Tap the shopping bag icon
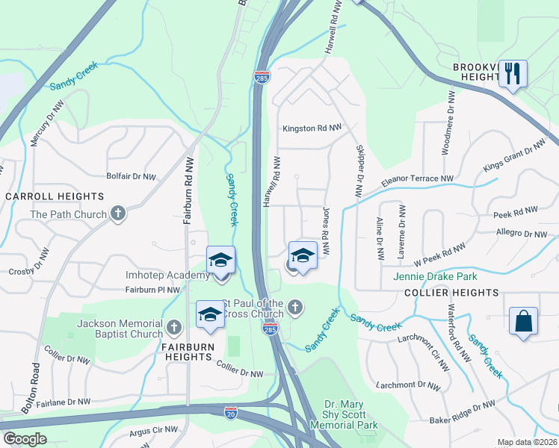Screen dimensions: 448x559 click(x=524, y=322)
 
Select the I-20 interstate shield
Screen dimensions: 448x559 click(x=232, y=411)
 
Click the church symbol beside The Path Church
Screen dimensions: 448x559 click(x=117, y=214)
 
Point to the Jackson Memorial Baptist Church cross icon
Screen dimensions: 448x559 click(x=174, y=326)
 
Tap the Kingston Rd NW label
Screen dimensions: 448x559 click(x=312, y=128)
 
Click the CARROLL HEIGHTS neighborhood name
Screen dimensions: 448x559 click(x=55, y=196)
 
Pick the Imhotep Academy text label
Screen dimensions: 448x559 click(x=167, y=276)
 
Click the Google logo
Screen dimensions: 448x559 click(x=25, y=439)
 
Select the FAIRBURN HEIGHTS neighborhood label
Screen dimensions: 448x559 click(x=188, y=357)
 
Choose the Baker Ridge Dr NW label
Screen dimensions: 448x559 click(x=462, y=413)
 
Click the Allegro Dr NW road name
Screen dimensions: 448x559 click(x=522, y=234)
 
